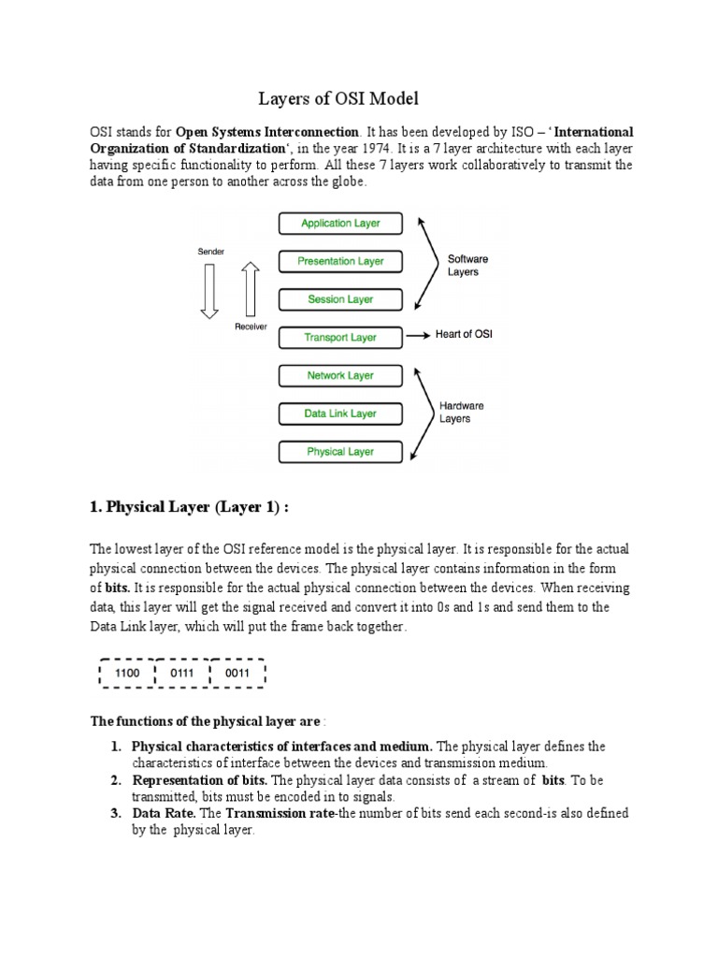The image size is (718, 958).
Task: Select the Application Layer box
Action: coord(340,224)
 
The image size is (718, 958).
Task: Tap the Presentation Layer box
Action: coord(340,262)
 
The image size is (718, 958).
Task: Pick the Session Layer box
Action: coord(340,299)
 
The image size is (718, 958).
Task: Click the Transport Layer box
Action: coord(340,338)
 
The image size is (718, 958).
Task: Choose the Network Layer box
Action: coord(340,376)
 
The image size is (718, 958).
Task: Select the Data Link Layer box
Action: coord(340,414)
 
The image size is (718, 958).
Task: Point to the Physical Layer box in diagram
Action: coord(340,452)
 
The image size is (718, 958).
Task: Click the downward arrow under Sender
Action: coord(208,290)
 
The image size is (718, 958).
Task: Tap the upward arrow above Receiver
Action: coord(250,288)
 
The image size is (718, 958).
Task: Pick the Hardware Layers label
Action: coord(463,413)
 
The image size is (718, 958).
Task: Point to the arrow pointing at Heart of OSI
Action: coord(418,336)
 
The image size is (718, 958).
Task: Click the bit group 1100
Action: coord(127,673)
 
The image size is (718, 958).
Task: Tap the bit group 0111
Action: coord(182,673)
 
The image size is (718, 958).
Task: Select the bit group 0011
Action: coord(238,673)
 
